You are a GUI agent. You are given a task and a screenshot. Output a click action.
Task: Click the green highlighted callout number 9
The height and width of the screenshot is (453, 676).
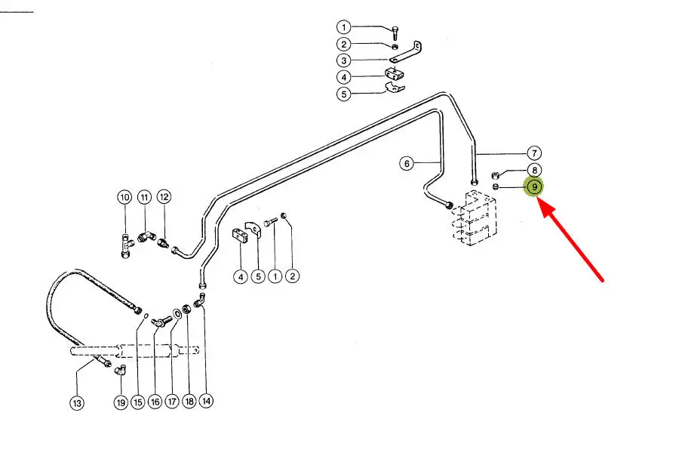[534, 187]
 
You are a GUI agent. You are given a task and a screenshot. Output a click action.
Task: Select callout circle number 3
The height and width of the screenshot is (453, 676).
[343, 60]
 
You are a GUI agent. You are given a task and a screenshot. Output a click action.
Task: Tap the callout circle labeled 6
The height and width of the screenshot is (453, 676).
[406, 163]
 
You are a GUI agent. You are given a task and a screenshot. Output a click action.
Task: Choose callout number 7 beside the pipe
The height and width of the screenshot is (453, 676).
[533, 153]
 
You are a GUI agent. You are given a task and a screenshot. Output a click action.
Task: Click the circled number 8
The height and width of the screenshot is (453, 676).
[533, 171]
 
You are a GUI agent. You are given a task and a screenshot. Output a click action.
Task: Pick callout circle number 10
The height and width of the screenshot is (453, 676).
[124, 198]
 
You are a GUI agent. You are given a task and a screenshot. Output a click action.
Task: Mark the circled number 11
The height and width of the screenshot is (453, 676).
[144, 198]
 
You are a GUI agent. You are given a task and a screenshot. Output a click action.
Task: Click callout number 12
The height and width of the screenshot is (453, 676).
[164, 197]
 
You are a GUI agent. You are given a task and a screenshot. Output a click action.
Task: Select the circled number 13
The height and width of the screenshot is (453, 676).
[77, 403]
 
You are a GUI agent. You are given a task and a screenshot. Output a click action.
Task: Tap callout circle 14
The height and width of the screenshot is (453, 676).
[206, 401]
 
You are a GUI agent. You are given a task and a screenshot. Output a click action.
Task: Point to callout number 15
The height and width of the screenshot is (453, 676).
[137, 402]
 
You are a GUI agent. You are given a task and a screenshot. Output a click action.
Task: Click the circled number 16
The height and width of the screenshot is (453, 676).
[155, 402]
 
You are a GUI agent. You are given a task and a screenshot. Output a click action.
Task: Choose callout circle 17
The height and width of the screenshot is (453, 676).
[171, 402]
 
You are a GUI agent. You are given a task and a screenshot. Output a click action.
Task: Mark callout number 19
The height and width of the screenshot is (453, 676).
[121, 402]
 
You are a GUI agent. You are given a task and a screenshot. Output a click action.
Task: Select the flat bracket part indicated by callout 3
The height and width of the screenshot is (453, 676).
[406, 54]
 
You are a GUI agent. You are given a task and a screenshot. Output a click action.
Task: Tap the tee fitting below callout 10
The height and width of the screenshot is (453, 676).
[125, 245]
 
